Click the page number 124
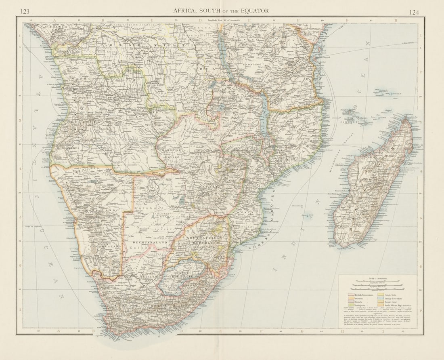(414, 12)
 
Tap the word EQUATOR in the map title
(253, 11)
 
